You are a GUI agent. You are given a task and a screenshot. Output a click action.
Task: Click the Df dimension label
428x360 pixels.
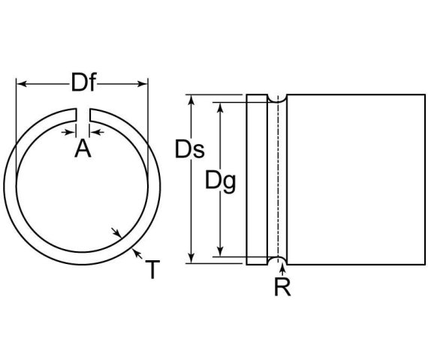coord(83,82)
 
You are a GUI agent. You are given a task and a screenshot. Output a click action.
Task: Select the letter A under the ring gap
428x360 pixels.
coord(83,149)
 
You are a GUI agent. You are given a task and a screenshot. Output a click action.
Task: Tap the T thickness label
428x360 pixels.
coord(152,269)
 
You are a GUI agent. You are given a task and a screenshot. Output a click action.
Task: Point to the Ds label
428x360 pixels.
coord(190,150)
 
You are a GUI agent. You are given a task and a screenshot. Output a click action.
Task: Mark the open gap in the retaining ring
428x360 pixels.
coord(83,115)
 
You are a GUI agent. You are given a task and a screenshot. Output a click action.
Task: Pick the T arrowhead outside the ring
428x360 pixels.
coord(133,253)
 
